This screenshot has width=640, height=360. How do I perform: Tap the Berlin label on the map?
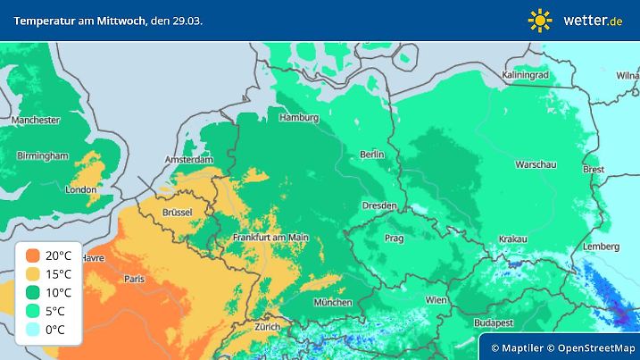click(371, 155)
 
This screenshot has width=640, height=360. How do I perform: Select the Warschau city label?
click(536, 164)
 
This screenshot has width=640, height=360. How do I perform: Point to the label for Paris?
click(135, 279)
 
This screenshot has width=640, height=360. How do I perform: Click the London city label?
click(81, 189)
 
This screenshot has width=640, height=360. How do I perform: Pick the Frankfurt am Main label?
click(270, 237)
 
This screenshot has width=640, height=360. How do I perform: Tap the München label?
click(333, 302)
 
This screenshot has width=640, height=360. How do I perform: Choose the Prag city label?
click(395, 239)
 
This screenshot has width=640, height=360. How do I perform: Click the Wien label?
click(436, 300)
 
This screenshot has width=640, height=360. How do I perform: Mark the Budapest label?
click(492, 321)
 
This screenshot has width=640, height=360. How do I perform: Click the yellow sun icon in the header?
click(540, 20)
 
